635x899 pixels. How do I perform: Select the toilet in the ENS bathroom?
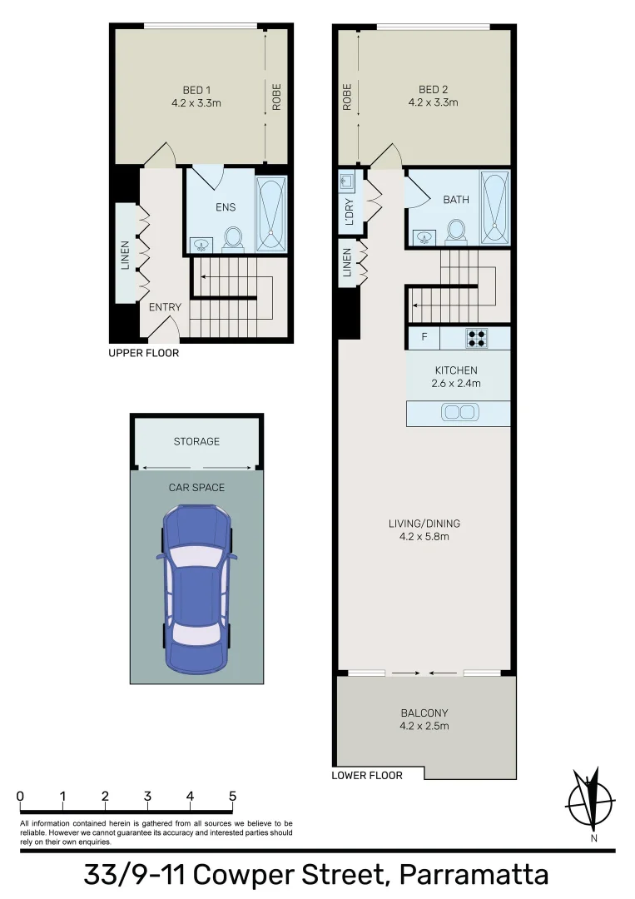point(233,238)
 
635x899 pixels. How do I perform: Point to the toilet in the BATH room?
point(455,231)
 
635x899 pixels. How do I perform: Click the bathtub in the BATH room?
point(494,209)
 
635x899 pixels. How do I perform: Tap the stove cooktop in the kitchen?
point(477,338)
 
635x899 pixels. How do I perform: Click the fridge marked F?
point(424,338)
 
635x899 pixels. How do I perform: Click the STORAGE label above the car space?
point(196,441)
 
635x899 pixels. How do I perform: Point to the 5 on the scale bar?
point(232,796)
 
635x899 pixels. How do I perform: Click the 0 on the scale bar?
point(20,796)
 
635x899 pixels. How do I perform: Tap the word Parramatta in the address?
point(474,876)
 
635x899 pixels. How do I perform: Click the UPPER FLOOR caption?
point(144,353)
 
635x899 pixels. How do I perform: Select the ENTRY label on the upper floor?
point(165,307)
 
